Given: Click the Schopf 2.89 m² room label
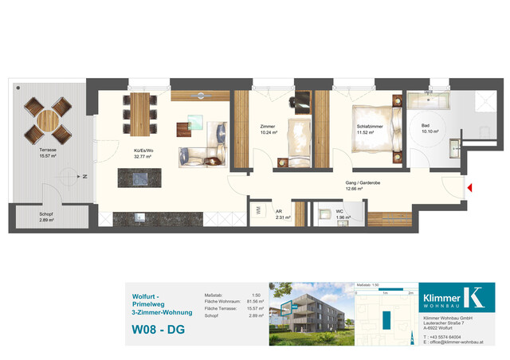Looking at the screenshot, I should pos(45,217).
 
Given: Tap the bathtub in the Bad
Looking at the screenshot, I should pos(429,101).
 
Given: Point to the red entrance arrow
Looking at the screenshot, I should pos(471,189).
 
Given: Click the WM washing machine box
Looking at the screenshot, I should pos(259,212).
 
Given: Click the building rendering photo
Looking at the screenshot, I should pos(308,315).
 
